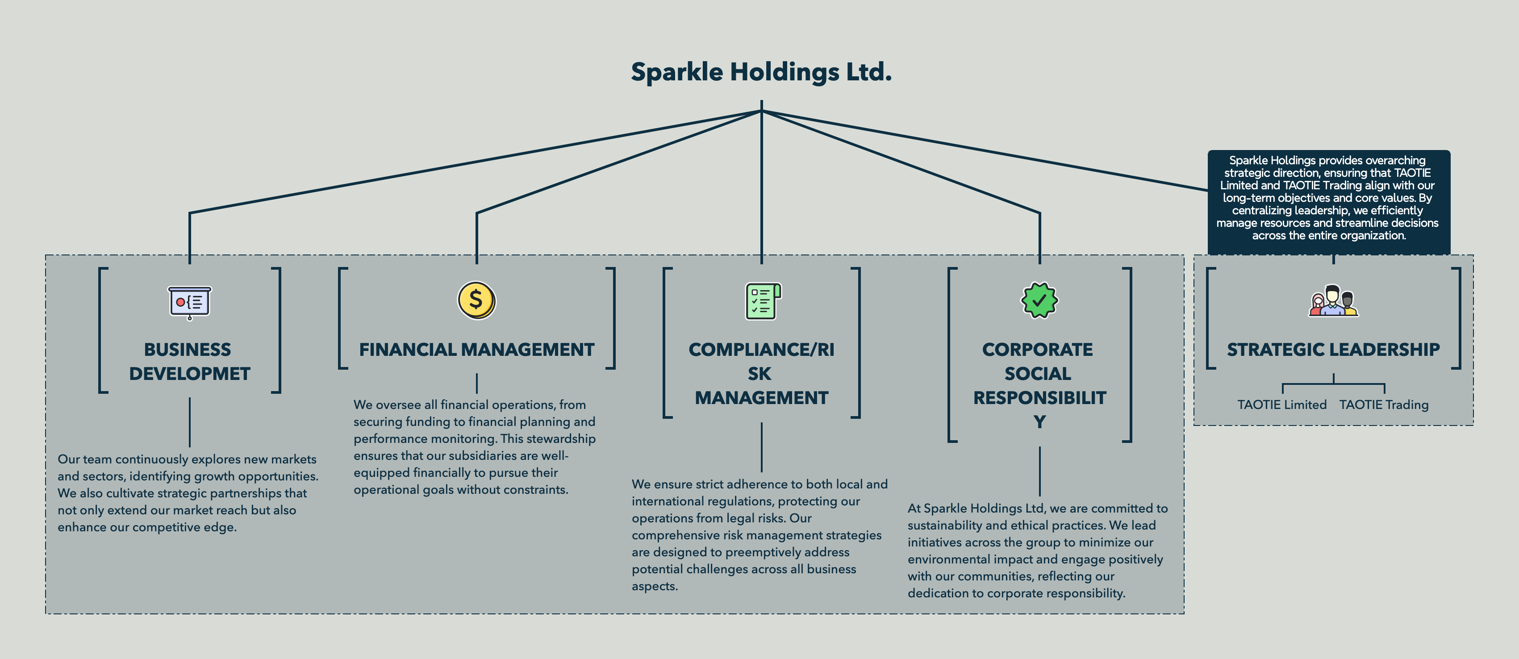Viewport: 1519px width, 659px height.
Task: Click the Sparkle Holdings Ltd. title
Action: click(x=761, y=72)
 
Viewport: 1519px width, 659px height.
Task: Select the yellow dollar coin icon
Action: click(x=476, y=300)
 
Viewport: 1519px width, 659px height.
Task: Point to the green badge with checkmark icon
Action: click(x=1039, y=300)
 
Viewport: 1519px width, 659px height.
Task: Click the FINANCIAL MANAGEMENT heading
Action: click(x=476, y=350)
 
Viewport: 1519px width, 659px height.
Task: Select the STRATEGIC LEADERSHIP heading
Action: click(x=1333, y=350)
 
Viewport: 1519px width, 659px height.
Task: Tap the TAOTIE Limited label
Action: click(x=1282, y=405)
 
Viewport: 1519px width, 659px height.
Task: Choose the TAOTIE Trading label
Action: click(x=1384, y=405)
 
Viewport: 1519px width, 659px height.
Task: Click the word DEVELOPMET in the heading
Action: click(x=190, y=374)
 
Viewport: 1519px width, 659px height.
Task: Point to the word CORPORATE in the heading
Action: click(x=1037, y=350)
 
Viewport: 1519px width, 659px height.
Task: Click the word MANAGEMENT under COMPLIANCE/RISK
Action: click(x=761, y=398)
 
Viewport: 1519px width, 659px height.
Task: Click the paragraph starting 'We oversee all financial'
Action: click(x=475, y=447)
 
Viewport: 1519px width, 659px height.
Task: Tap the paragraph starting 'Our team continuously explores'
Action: click(x=188, y=493)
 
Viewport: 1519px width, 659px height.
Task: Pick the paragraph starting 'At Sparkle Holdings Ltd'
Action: click(x=1037, y=551)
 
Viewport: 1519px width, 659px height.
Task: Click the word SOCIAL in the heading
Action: click(x=1037, y=374)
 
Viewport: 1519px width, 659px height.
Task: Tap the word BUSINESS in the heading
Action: click(x=188, y=350)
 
